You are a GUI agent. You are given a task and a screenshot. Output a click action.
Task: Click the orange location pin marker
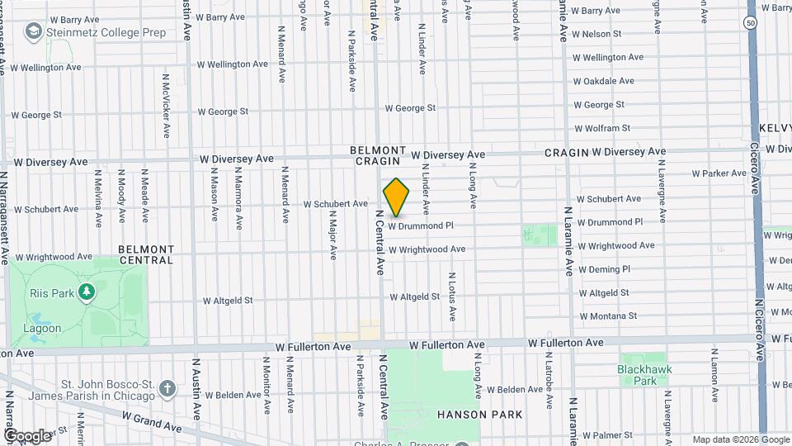tap(396, 197)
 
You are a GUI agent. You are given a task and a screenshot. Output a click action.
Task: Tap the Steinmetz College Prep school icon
tap(33, 32)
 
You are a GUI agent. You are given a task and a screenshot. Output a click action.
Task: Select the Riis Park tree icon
tap(86, 292)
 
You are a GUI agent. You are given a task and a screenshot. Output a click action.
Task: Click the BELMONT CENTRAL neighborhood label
tap(146, 254)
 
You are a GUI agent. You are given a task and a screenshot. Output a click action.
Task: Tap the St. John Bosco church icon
tap(167, 387)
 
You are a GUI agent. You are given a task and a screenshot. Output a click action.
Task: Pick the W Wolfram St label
tap(601, 128)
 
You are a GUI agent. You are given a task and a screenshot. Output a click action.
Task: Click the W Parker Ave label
tap(719, 173)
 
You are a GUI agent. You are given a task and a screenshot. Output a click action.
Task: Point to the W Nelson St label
tap(601, 34)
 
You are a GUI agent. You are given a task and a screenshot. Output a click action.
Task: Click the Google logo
tap(27, 436)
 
